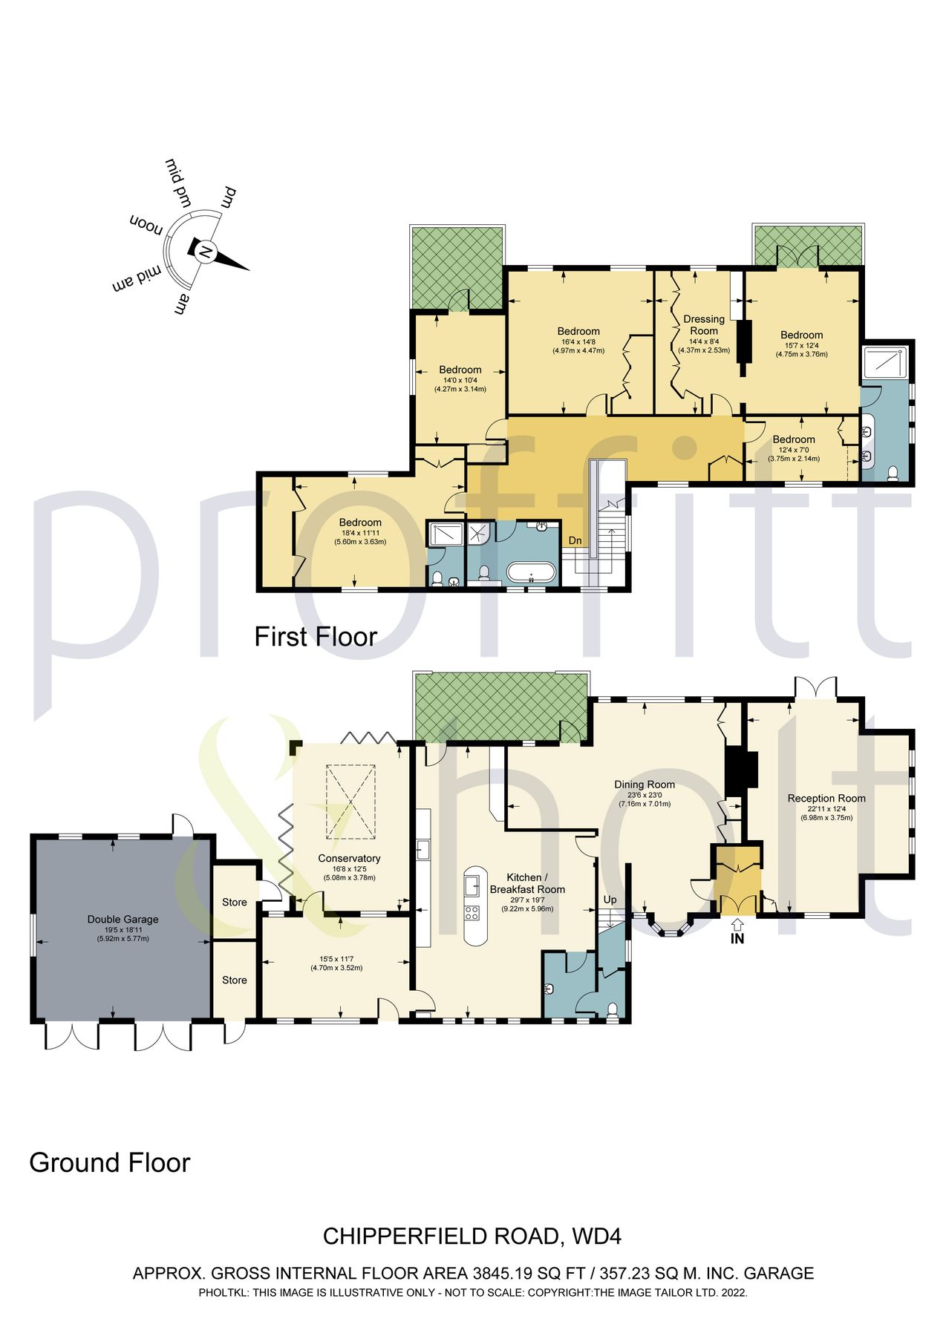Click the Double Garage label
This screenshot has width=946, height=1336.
tap(123, 919)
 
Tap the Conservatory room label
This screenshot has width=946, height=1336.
tap(349, 858)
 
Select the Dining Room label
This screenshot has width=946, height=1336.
tap(645, 784)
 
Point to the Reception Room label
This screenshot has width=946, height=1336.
tap(826, 798)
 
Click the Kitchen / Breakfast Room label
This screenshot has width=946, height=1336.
tap(527, 883)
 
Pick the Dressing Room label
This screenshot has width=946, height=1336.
tap(704, 325)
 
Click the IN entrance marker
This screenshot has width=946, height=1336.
tap(737, 938)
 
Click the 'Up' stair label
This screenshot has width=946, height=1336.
tap(610, 900)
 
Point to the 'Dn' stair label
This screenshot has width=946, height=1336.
tap(575, 540)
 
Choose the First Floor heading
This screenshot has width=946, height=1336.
tap(316, 637)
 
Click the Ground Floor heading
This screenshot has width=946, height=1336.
tap(110, 1162)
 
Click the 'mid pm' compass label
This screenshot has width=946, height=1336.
tap(179, 181)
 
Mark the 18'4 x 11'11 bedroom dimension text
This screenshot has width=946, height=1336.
tap(360, 532)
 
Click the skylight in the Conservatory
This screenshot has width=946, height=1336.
tap(350, 792)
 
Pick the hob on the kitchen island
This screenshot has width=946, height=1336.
tap(472, 911)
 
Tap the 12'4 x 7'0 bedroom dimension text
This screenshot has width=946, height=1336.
tap(794, 449)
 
